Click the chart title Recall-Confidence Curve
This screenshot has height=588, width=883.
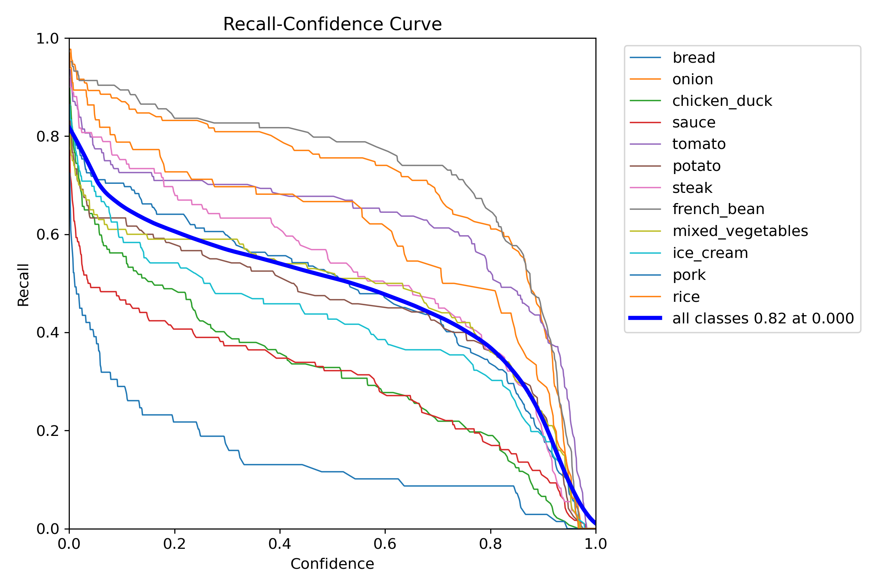[332, 24]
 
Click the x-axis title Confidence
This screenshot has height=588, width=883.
[332, 564]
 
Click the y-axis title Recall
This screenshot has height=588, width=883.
[24, 285]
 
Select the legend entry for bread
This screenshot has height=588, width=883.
[693, 58]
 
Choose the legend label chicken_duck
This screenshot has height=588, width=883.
[722, 101]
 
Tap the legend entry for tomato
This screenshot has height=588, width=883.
[699, 144]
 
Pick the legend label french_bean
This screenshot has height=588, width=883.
[718, 209]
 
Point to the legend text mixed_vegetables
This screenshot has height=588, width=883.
[740, 231]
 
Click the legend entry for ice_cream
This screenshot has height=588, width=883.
[710, 253]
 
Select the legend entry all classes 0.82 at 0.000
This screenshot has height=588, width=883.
[763, 318]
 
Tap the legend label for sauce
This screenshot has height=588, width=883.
[693, 123]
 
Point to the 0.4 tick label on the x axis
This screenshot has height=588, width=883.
[279, 544]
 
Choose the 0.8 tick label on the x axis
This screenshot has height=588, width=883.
[490, 544]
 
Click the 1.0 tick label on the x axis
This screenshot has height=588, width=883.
[595, 544]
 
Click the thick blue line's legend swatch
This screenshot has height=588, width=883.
[645, 318]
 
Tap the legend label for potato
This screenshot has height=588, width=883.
[696, 166]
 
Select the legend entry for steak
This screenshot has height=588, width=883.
[692, 188]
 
